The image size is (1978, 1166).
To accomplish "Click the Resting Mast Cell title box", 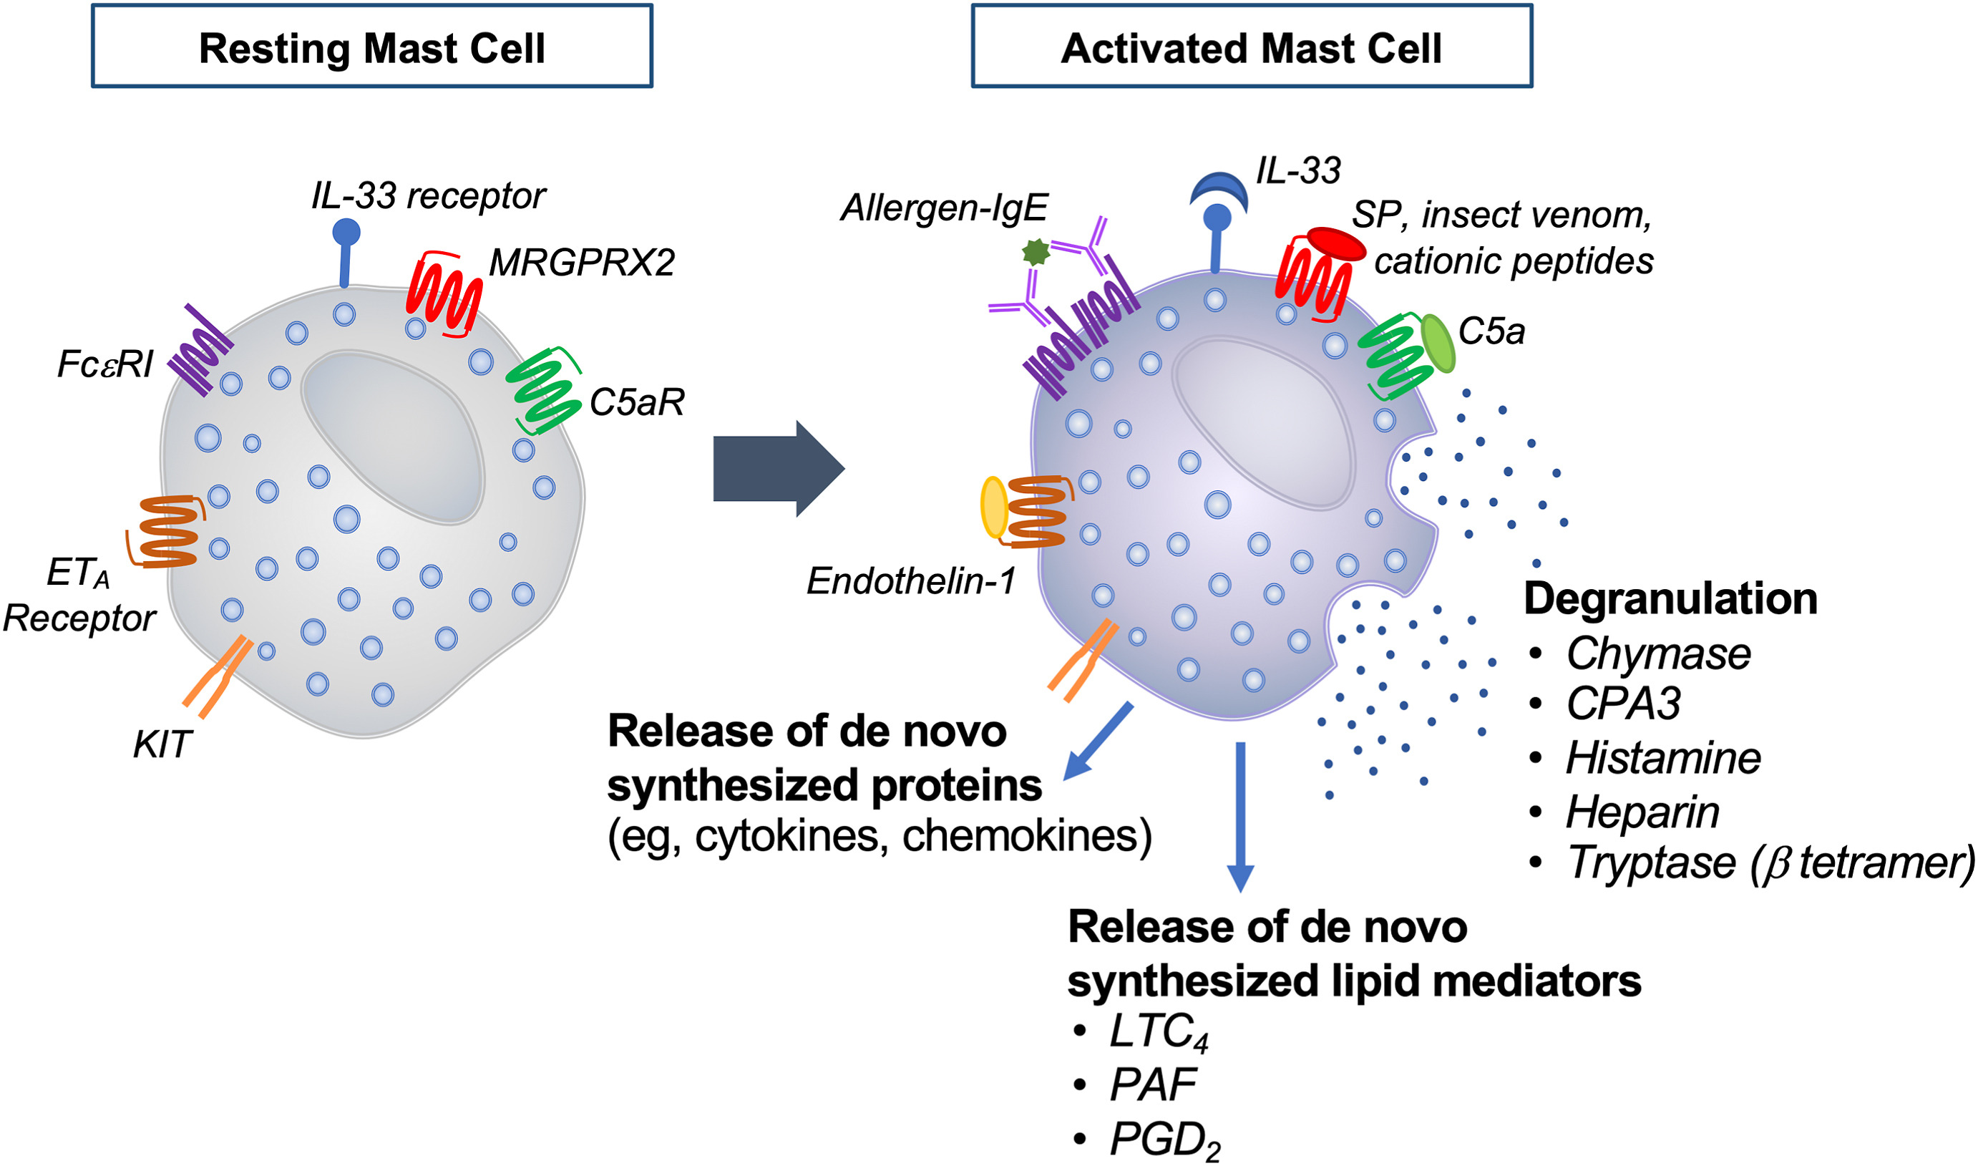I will [x=371, y=47].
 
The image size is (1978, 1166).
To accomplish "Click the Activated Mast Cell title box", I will [x=1252, y=47].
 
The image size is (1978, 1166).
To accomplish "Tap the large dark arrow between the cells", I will [x=778, y=469].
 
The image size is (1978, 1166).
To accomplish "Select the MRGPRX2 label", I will [x=581, y=263].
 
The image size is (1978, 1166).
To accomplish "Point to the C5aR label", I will [x=636, y=402].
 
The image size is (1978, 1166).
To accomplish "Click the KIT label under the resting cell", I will [x=162, y=745].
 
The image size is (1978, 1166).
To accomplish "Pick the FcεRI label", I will [x=104, y=364].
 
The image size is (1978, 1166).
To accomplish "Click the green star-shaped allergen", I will [x=1036, y=252].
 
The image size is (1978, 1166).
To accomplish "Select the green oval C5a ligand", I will [x=1438, y=344].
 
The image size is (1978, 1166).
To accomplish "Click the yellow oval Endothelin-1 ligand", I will [x=994, y=507].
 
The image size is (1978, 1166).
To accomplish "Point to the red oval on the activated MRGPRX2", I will [x=1336, y=243].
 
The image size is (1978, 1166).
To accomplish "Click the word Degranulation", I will [x=1670, y=598].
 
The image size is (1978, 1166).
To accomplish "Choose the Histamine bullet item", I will [x=1662, y=758].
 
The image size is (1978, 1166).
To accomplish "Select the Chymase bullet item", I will [x=1657, y=654].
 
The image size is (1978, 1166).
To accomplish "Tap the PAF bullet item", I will [x=1151, y=1085].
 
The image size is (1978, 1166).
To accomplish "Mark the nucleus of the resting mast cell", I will [x=393, y=436].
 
